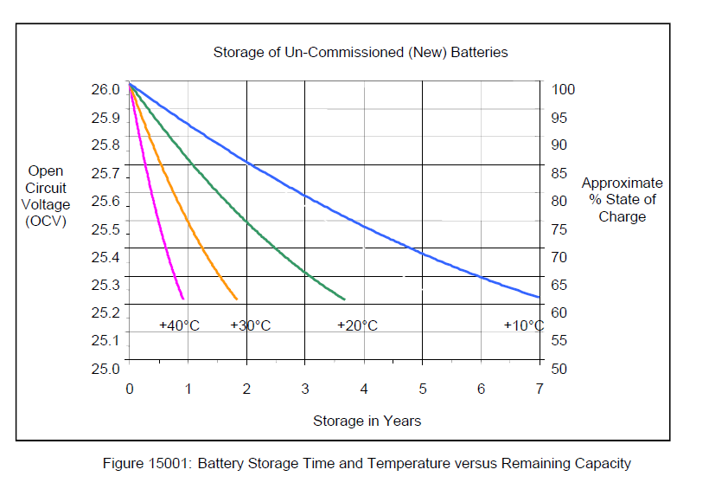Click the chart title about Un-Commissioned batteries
click(x=361, y=52)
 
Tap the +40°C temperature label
click(x=180, y=326)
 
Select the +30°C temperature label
click(x=251, y=326)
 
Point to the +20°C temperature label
click(x=357, y=326)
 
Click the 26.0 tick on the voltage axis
click(x=105, y=90)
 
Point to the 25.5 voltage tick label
click(x=105, y=229)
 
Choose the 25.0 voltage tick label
click(x=105, y=369)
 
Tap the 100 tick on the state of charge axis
click(x=562, y=90)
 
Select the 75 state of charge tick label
click(x=559, y=229)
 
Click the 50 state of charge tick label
click(x=559, y=369)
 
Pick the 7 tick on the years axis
click(x=539, y=389)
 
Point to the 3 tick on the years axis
click(x=305, y=389)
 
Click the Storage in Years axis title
click(x=367, y=421)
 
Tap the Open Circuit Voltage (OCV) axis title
click(x=46, y=196)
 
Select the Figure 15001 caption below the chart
click(x=367, y=463)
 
